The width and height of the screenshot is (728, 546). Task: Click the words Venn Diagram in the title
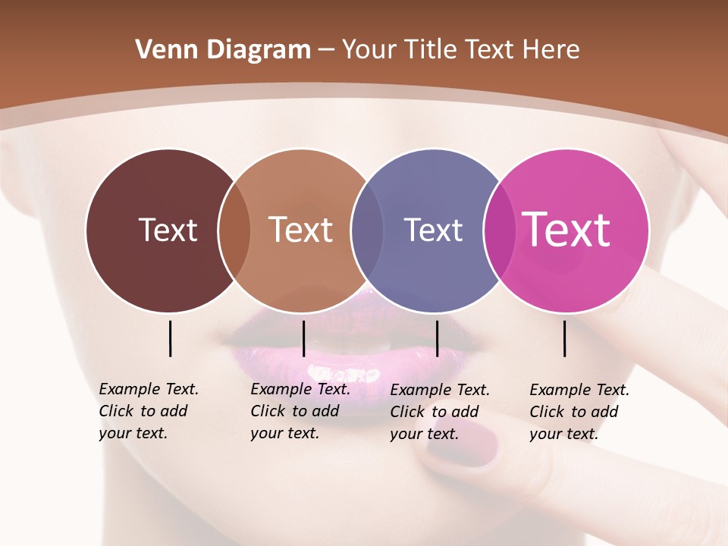click(x=223, y=50)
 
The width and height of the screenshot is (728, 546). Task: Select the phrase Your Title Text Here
click(x=460, y=50)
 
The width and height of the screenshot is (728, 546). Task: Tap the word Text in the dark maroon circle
click(x=168, y=230)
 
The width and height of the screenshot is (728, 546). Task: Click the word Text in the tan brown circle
click(x=301, y=230)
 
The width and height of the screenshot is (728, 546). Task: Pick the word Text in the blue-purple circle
click(x=433, y=230)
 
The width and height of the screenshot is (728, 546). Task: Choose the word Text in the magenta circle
click(x=566, y=230)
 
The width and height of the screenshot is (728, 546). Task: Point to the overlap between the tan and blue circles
click(x=367, y=231)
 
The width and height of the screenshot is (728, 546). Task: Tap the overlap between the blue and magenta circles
click(x=499, y=231)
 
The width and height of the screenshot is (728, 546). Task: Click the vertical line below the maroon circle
click(x=170, y=338)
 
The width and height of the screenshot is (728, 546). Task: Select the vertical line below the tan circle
click(x=303, y=338)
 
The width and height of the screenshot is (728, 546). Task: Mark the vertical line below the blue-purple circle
click(x=437, y=338)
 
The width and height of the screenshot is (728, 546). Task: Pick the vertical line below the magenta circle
click(x=564, y=338)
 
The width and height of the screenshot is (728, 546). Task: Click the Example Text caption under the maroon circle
click(x=148, y=411)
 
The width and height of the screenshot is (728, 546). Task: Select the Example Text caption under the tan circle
click(x=300, y=411)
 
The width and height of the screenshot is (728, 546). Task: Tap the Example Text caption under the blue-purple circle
click(x=439, y=412)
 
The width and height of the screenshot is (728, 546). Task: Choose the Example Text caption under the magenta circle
click(x=579, y=412)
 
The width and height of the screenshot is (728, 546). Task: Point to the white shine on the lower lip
click(x=334, y=373)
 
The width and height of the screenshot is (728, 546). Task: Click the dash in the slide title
click(x=326, y=51)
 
